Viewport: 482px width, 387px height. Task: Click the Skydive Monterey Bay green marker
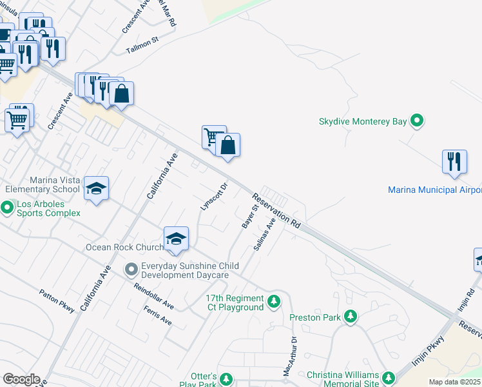[x=417, y=121]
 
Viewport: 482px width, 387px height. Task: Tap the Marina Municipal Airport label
[x=434, y=190]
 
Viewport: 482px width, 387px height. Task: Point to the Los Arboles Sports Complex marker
[x=7, y=208]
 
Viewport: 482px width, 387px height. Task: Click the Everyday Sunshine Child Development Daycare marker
[x=131, y=268]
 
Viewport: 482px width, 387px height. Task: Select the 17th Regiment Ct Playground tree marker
[x=274, y=301]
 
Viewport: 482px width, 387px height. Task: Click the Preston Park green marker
[x=351, y=317]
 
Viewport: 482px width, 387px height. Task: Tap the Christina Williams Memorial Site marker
[x=389, y=377]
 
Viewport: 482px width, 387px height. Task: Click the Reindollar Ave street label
[x=154, y=295]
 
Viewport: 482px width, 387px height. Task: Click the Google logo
[x=21, y=379]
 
